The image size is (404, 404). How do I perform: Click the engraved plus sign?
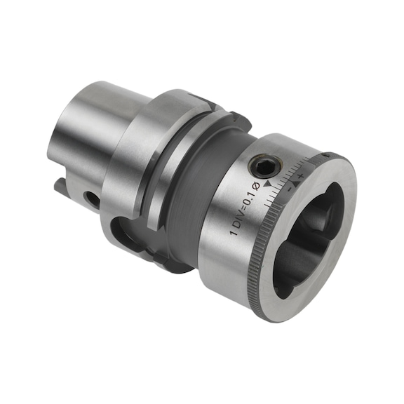coord(300,173)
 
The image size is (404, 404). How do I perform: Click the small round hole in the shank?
coord(90,198)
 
